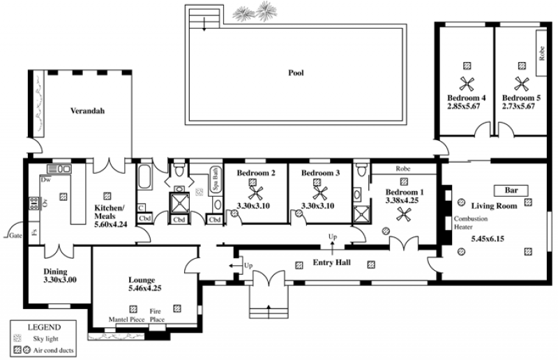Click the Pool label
coord(296,73)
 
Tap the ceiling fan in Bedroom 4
coord(467,84)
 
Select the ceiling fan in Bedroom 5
coord(521,84)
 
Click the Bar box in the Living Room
coord(511,190)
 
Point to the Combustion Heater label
coord(470,223)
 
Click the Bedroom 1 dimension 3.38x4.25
coord(402,200)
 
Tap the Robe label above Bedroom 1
coord(403,169)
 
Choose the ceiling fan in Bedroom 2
coord(255,193)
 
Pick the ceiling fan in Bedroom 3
coord(319,193)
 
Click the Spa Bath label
coord(215,179)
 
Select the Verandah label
coord(88,111)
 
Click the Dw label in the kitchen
coord(45,180)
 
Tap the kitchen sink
coord(59,169)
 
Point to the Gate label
coord(15,235)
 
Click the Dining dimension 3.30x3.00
coord(60,280)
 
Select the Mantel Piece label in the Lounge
coord(126,320)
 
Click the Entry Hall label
coord(332,262)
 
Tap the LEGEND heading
coord(44,327)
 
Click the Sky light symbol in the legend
coord(17,338)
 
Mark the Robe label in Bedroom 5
coord(542,53)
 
